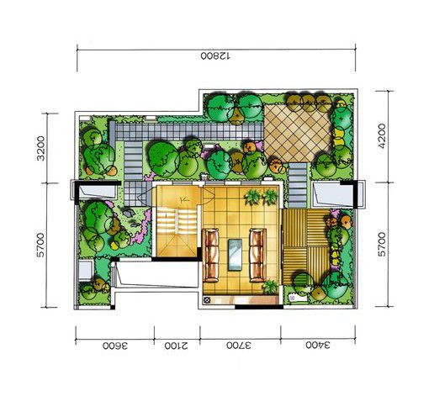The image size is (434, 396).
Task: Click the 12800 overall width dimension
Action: click(215, 56)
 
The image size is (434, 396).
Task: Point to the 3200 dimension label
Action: click(41, 148)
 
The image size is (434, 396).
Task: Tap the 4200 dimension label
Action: click(382, 135)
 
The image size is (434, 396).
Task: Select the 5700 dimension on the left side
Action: click(41, 245)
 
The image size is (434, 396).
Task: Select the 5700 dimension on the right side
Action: click(382, 244)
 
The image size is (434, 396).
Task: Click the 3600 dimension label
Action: click(115, 346)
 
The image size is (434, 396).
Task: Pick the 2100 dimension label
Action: click(177, 346)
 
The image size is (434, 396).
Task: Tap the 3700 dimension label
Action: click(239, 345)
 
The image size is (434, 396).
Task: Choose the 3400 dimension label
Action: click(318, 345)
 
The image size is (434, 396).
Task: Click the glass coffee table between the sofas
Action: click(235, 255)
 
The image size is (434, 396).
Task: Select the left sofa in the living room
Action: click(211, 255)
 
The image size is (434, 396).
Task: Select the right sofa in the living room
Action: click(258, 255)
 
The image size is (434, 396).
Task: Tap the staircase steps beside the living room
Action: click(177, 222)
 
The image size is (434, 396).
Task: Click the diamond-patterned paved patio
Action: click(298, 134)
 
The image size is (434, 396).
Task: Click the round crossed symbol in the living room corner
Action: click(207, 299)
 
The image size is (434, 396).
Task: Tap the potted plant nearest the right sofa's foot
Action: click(271, 287)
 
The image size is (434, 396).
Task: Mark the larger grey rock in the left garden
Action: click(128, 214)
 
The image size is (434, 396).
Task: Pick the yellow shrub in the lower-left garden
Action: click(114, 246)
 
